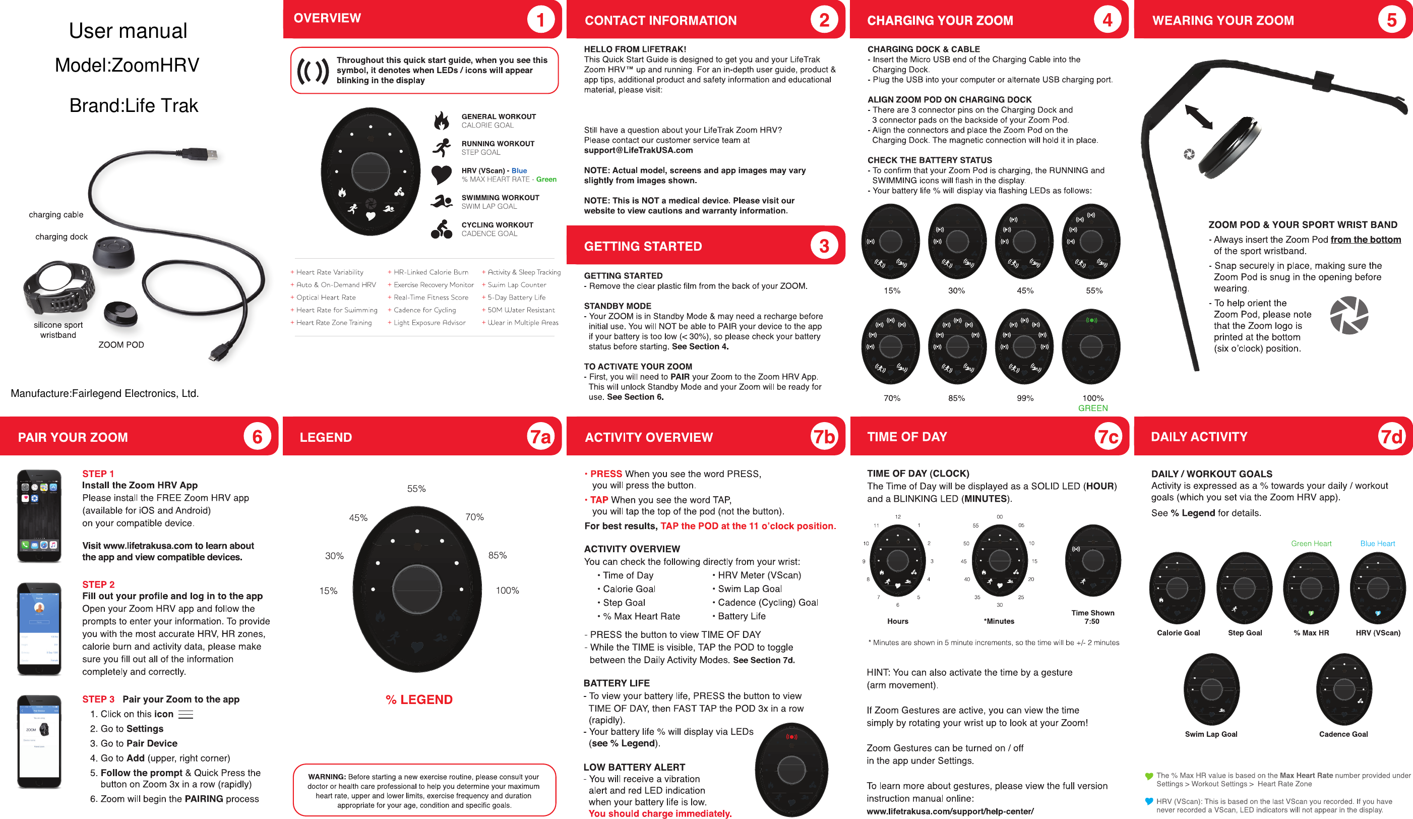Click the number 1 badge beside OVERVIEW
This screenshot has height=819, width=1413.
(540, 20)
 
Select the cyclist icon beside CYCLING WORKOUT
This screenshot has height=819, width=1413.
(441, 229)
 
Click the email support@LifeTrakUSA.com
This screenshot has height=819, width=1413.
(638, 150)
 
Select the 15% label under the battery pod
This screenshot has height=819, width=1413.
(892, 290)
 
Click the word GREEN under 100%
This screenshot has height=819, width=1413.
(1092, 408)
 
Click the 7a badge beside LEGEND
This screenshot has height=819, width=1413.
(540, 436)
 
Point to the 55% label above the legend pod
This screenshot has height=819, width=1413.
(416, 489)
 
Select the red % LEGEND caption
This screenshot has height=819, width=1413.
(419, 699)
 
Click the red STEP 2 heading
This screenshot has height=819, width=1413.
(98, 584)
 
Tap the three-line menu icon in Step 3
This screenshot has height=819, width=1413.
(186, 715)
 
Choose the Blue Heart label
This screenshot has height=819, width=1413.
(1377, 544)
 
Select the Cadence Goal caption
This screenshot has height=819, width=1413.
(1343, 734)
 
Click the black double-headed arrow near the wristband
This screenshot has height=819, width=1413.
(1199, 117)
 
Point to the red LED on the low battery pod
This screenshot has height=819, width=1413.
(791, 736)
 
